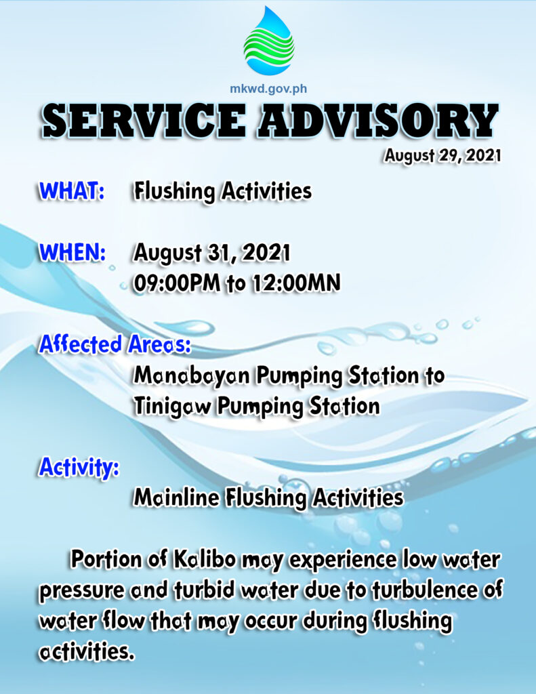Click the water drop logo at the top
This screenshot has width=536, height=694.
click(x=268, y=40)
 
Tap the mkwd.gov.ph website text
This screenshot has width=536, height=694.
click(x=268, y=89)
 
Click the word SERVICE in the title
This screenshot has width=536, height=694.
click(x=144, y=120)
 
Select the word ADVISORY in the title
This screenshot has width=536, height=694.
click(x=379, y=120)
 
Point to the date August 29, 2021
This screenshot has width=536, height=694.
click(x=442, y=156)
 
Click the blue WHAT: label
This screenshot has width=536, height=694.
click(x=72, y=190)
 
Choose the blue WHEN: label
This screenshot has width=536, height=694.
click(x=73, y=252)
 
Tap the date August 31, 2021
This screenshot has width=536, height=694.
click(x=212, y=253)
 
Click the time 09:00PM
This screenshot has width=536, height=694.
click(x=177, y=283)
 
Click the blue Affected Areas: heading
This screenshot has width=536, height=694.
click(x=115, y=344)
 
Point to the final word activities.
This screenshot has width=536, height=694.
click(x=86, y=652)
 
